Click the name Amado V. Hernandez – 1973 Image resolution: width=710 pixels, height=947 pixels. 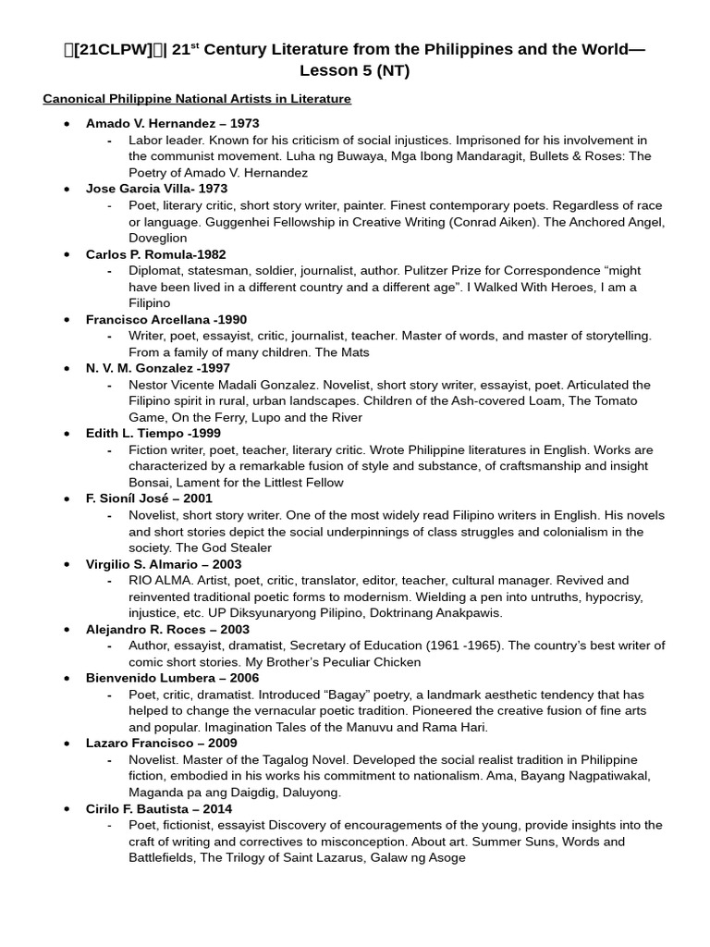tap(172, 123)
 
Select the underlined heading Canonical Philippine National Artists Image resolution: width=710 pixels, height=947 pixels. tap(197, 98)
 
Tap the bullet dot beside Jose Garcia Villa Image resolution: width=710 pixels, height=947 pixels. tap(66, 189)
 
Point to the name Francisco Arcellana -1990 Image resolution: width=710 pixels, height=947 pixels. tap(166, 320)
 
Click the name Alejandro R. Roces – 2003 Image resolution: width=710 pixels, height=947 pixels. tap(167, 630)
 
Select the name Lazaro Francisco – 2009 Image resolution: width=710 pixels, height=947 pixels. tap(161, 744)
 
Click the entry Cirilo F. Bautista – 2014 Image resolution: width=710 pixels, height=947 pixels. tap(160, 809)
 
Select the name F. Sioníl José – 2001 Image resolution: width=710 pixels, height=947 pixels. tap(149, 499)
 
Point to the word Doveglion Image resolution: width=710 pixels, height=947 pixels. tap(158, 238)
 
